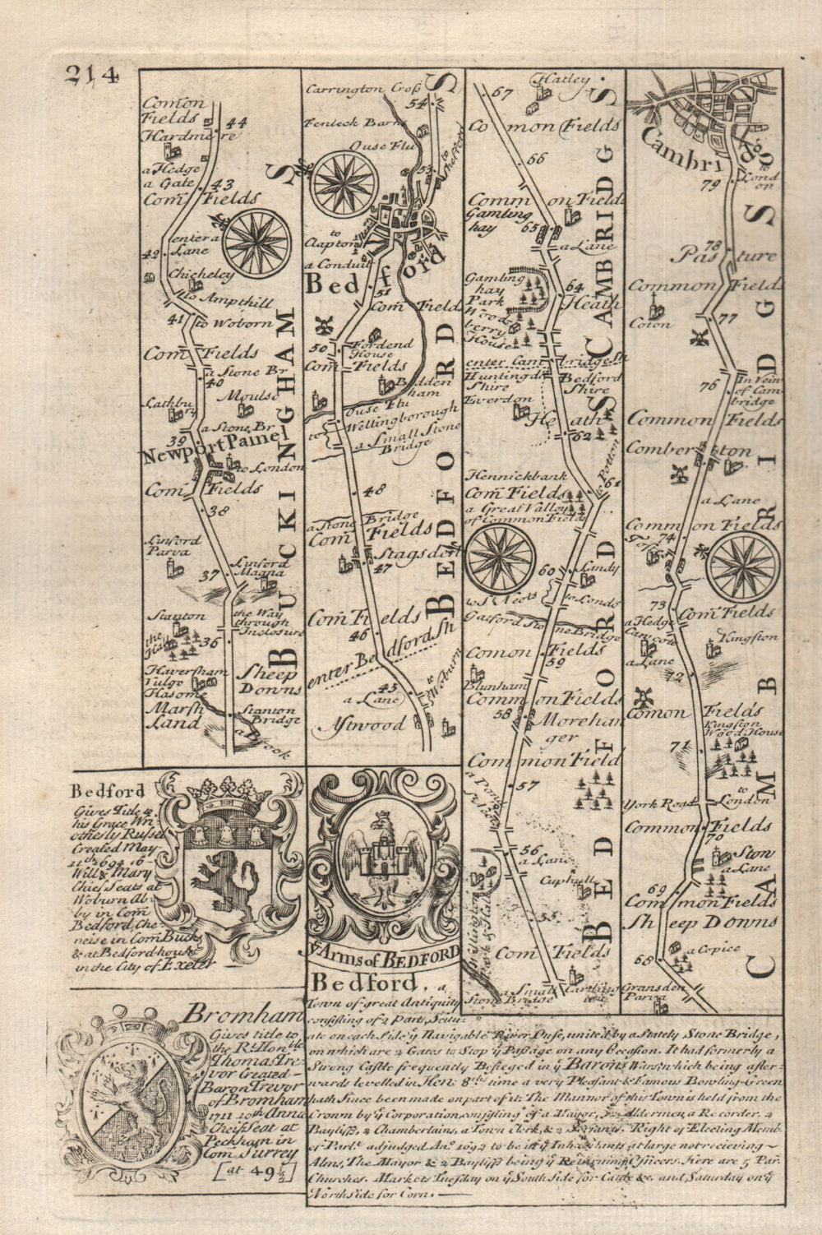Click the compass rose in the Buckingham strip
257,242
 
